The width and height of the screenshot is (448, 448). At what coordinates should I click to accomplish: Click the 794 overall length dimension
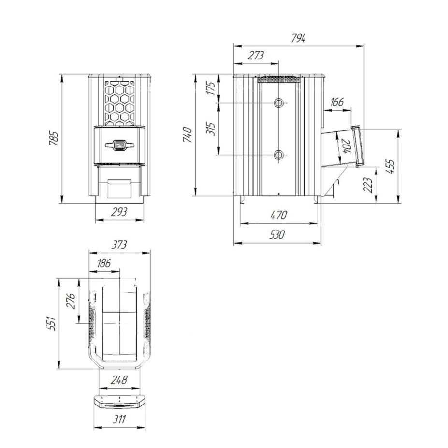299,38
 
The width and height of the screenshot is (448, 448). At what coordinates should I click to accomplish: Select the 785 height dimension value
54,138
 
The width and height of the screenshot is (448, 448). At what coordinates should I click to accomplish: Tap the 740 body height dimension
188,134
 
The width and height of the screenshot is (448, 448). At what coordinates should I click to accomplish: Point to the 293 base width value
119,212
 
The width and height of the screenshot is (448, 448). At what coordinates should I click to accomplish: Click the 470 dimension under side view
278,215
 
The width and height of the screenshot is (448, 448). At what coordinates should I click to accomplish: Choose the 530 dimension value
277,235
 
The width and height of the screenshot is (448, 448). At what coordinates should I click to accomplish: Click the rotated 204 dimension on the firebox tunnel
346,146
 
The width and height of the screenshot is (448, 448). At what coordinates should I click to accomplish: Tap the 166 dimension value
337,102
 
